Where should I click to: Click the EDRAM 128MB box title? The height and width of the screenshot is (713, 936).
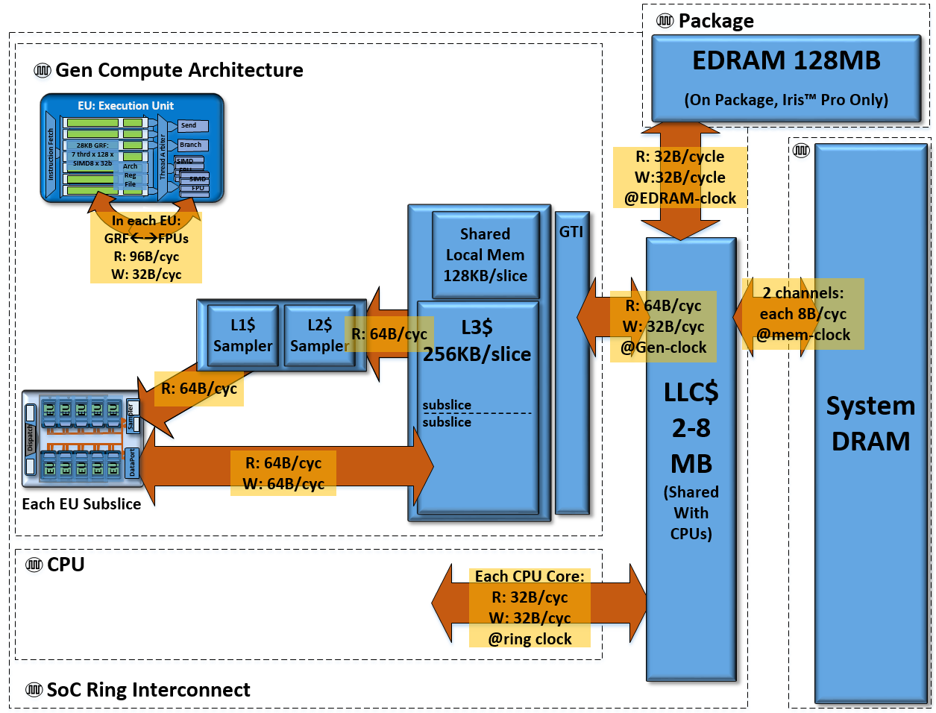pyautogui.click(x=786, y=60)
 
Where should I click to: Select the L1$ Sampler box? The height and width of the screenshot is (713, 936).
pyautogui.click(x=242, y=335)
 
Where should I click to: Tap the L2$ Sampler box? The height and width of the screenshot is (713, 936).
pyautogui.click(x=319, y=335)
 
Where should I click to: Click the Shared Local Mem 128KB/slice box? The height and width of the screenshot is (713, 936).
pyautogui.click(x=486, y=255)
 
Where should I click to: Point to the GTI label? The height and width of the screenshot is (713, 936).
pyautogui.click(x=571, y=232)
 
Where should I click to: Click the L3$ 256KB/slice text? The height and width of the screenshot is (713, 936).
pyautogui.click(x=477, y=341)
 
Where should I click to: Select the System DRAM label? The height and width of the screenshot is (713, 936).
pyautogui.click(x=870, y=423)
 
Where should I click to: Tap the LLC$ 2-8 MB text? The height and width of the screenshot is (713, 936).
pyautogui.click(x=691, y=428)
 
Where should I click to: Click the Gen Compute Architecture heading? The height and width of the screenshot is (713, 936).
pyautogui.click(x=179, y=70)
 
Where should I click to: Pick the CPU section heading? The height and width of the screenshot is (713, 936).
pyautogui.click(x=66, y=565)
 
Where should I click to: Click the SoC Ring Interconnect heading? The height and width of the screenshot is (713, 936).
pyautogui.click(x=148, y=690)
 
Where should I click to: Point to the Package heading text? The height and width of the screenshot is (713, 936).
pyautogui.click(x=716, y=21)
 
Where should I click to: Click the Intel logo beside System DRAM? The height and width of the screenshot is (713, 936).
pyautogui.click(x=801, y=151)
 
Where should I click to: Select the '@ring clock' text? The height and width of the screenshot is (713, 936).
pyautogui.click(x=530, y=639)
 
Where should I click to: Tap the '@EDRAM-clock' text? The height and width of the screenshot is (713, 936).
pyautogui.click(x=680, y=198)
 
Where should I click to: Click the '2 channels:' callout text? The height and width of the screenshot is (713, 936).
pyautogui.click(x=803, y=293)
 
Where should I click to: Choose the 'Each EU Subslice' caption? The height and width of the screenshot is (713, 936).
pyautogui.click(x=81, y=504)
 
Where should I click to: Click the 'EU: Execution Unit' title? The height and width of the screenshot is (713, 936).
pyautogui.click(x=125, y=106)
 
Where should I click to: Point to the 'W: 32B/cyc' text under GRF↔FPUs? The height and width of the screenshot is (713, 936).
pyautogui.click(x=146, y=274)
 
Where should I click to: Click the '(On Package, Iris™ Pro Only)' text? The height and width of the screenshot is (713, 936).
pyautogui.click(x=786, y=100)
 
